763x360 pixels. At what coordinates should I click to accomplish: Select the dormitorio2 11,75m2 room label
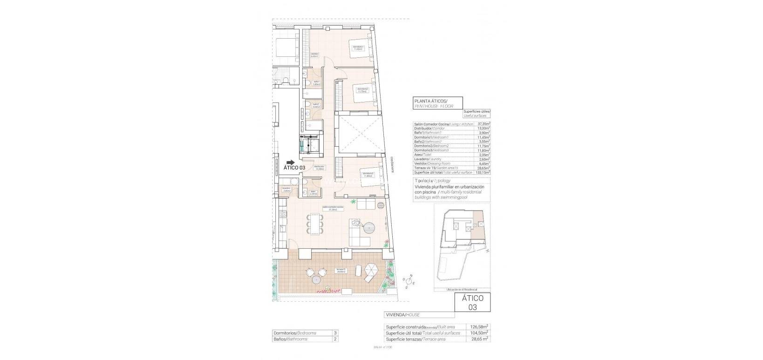(362, 89)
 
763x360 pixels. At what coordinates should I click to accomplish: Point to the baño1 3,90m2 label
(316, 83)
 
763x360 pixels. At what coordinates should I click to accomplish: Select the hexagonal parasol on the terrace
(372, 270)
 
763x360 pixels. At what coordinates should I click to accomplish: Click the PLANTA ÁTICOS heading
(431, 101)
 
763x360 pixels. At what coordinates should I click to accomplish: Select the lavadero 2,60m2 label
(286, 190)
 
